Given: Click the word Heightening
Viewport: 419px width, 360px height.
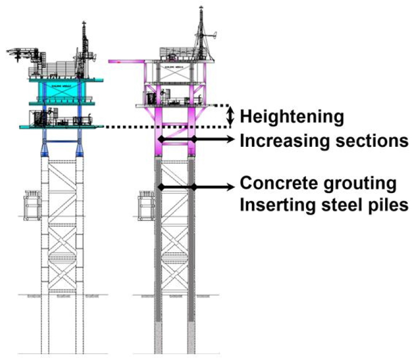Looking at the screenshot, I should [x=292, y=117].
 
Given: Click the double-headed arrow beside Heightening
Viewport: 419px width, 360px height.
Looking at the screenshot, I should [x=230, y=116].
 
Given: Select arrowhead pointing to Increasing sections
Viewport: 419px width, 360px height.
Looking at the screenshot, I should [x=231, y=139].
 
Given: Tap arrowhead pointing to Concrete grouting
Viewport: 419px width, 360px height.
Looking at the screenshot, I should [x=231, y=186].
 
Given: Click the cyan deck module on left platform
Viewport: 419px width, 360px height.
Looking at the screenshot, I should [x=58, y=90].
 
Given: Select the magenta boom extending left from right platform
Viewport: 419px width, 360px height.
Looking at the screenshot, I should [x=127, y=63].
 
